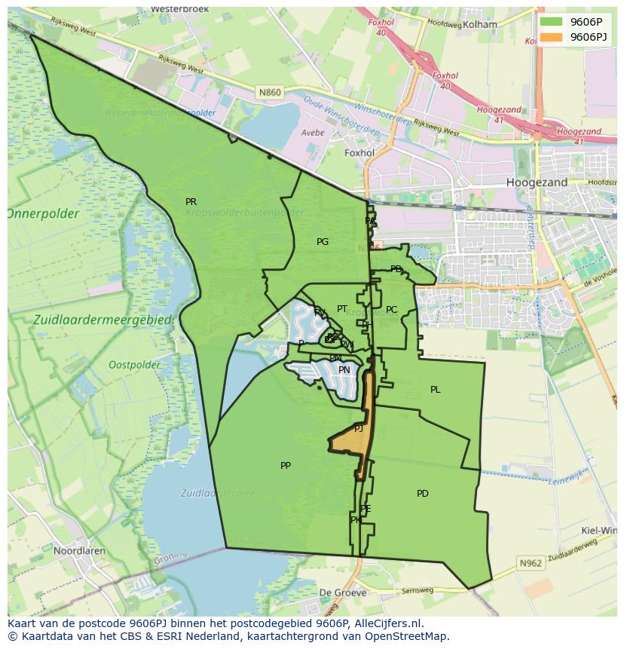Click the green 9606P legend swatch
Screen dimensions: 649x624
tap(552, 22)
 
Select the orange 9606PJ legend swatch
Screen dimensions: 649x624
tap(552, 37)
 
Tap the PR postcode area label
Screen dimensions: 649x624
tap(191, 202)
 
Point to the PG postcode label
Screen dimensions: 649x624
tap(323, 242)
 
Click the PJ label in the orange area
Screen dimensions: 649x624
tap(359, 428)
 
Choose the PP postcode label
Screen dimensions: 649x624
tap(286, 466)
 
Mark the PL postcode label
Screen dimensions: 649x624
tap(436, 390)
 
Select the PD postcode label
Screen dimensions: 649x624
tap(423, 494)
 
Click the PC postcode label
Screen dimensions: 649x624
tap(392, 310)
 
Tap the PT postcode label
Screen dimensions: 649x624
tap(342, 309)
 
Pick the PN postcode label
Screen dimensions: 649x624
tap(344, 370)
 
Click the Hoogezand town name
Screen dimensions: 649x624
tap(537, 182)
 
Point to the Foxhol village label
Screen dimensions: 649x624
tap(359, 153)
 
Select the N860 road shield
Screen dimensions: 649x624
tap(269, 93)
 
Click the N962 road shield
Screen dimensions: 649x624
tap(531, 563)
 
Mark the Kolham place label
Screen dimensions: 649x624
tap(480, 24)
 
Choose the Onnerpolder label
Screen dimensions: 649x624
tap(44, 214)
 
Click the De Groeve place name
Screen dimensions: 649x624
tap(343, 592)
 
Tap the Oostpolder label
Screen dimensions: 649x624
tap(134, 366)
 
